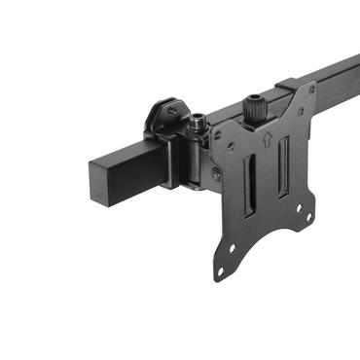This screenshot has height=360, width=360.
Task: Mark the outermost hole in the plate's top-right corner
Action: pyautogui.click(x=312, y=89)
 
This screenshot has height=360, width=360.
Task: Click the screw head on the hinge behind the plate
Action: pyautogui.click(x=213, y=173)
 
